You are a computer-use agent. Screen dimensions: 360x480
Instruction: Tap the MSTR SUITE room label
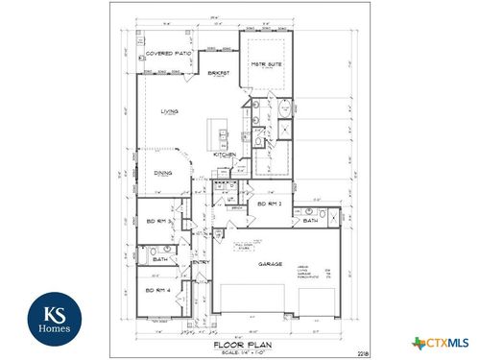pyautogui.click(x=264, y=65)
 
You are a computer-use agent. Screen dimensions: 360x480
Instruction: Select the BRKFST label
pyautogui.click(x=218, y=73)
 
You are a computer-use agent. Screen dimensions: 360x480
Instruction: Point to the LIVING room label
pyautogui.click(x=169, y=112)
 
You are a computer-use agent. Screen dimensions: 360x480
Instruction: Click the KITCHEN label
pyautogui.click(x=225, y=155)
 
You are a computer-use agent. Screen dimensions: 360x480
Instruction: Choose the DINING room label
pyautogui.click(x=163, y=174)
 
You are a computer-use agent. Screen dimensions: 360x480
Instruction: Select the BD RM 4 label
pyautogui.click(x=156, y=290)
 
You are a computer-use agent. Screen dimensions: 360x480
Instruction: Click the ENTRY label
pyautogui.click(x=201, y=263)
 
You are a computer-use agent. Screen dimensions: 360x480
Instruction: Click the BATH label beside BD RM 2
pyautogui.click(x=310, y=221)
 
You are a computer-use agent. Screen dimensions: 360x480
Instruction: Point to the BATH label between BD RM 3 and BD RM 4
pyautogui.click(x=159, y=258)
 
